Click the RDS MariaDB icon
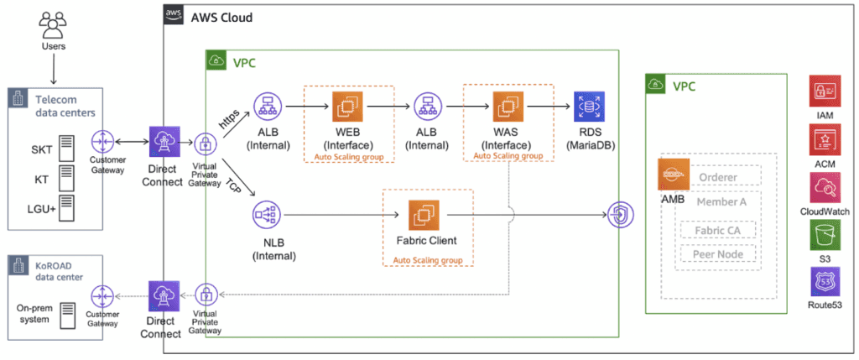click(588, 107)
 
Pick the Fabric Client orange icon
click(424, 216)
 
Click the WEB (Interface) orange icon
click(347, 107)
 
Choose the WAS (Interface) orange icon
click(507, 107)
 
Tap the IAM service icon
click(825, 91)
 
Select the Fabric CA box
click(717, 230)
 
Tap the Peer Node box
click(717, 254)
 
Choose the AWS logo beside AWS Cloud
click(174, 14)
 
